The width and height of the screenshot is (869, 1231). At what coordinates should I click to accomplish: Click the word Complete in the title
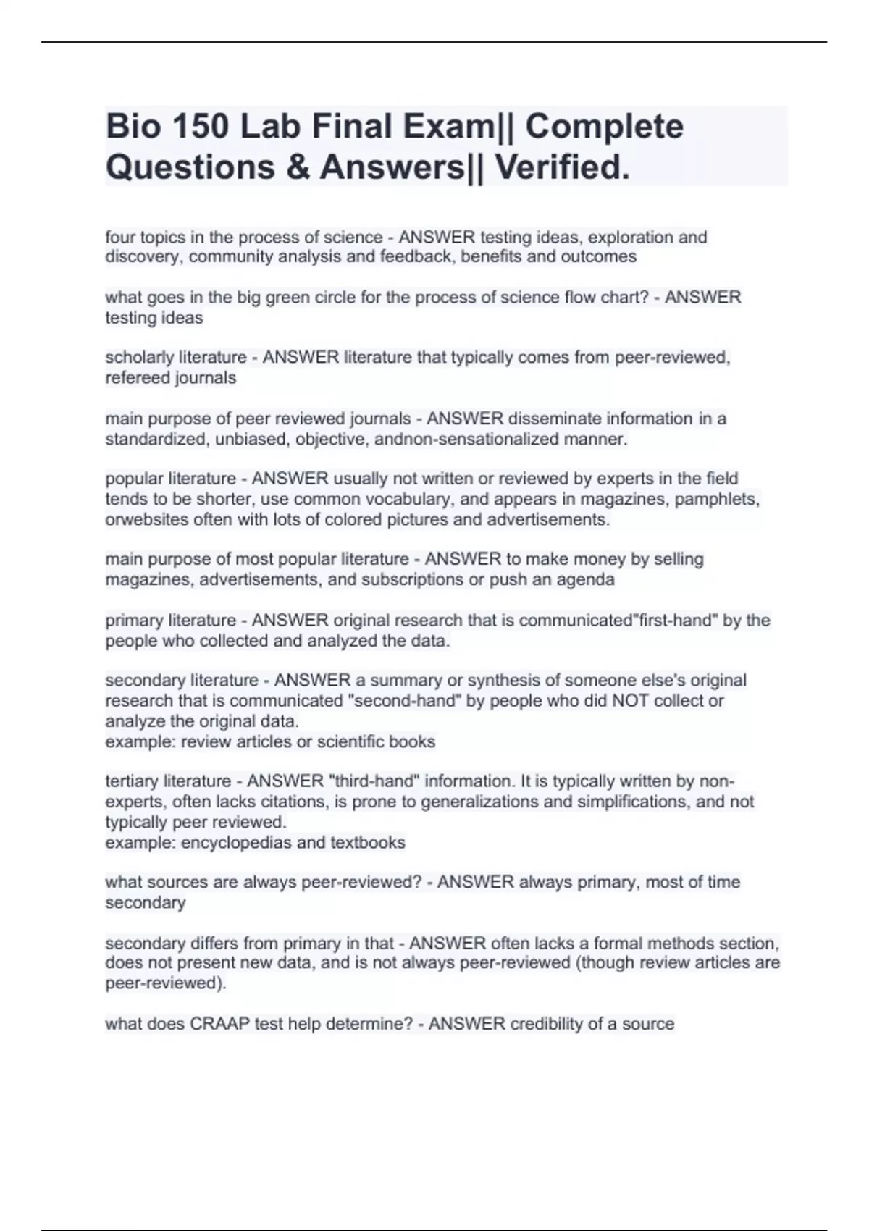point(604,127)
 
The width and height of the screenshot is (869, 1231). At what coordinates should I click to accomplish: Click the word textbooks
point(368,842)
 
